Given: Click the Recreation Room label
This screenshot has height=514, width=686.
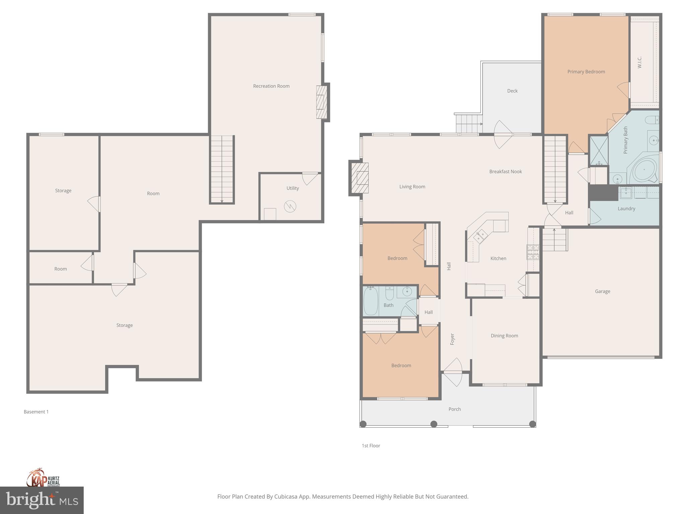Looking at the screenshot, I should [271, 86].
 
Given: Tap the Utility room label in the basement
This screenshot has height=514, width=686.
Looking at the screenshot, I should [292, 188].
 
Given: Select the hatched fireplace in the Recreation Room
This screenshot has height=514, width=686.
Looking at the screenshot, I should [322, 102].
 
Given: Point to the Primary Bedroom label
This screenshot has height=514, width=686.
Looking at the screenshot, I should [586, 72].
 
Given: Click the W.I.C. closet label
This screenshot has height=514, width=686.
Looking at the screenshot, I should [639, 63].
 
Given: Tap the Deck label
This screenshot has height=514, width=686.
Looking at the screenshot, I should [512, 91].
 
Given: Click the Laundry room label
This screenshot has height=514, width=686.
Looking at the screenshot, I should [626, 208].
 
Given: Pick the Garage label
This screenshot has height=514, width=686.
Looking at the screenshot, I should [602, 291].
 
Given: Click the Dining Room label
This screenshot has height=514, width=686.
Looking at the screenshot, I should [504, 336].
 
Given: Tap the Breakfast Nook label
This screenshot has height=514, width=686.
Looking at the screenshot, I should [505, 171].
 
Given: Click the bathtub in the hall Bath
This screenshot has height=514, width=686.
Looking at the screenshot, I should [370, 301].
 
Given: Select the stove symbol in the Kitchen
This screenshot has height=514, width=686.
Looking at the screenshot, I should [533, 252].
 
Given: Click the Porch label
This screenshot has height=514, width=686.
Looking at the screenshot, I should [455, 409].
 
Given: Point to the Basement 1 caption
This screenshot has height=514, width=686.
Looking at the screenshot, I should [36, 412].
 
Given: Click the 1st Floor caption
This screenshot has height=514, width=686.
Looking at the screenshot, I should [371, 445].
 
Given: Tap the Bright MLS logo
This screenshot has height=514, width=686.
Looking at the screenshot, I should [42, 500].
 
